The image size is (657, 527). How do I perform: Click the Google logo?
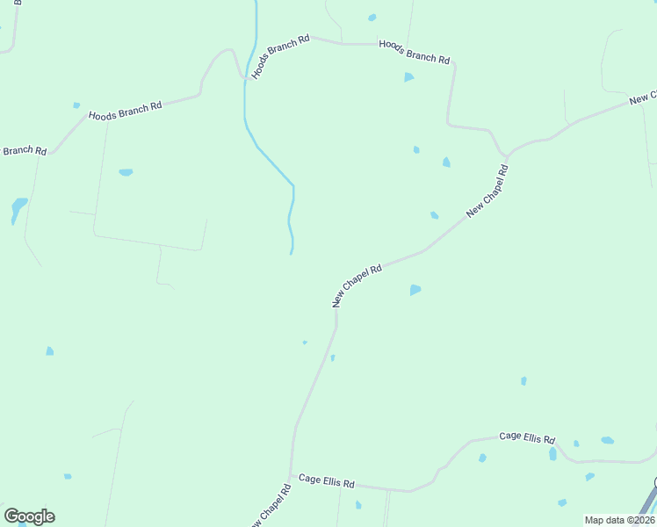pos(29,516)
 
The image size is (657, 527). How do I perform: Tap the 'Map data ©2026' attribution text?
pos(619,520)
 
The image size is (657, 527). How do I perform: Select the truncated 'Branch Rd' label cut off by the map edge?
pos(24,150)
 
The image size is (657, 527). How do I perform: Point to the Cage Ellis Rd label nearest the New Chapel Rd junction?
pos(326,481)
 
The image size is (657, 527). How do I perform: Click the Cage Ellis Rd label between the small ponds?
pos(527,437)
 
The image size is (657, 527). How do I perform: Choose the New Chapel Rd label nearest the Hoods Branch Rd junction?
pos(487,191)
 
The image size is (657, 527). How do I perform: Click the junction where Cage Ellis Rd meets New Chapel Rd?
pos(292,475)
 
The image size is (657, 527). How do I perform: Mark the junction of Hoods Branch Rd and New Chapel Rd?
pos(508,155)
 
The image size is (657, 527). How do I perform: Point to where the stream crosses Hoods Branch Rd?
pos(245,78)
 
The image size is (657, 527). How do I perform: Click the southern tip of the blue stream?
pos(292,253)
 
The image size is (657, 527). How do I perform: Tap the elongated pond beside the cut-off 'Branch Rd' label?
pos(18,210)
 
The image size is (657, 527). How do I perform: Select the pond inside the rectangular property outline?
pos(126,172)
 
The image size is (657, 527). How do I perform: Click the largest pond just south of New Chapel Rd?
pos(415,289)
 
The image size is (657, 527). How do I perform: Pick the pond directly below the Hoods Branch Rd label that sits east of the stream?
pos(408,77)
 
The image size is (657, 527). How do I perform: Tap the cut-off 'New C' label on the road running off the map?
pos(643,97)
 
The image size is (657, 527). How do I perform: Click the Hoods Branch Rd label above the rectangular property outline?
pos(125,110)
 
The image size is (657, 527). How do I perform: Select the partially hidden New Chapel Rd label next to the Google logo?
pos(270,506)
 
